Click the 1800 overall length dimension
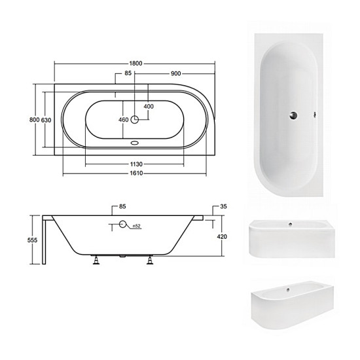[135, 63]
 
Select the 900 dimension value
[175, 73]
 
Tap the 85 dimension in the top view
[128, 73]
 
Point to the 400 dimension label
[149, 107]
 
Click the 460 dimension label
[124, 120]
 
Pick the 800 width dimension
[35, 120]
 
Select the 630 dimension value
[46, 120]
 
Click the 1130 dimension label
[136, 164]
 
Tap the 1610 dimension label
[136, 173]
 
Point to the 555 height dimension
[32, 240]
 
